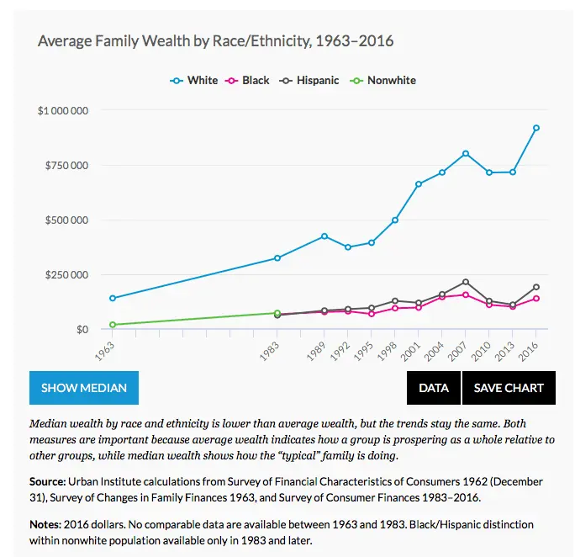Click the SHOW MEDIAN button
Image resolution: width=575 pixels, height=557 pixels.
point(84,388)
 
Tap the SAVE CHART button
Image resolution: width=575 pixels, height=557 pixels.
point(509,388)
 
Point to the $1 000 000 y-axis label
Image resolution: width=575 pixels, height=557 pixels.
point(64,111)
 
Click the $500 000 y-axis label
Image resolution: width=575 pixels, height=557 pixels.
point(67,220)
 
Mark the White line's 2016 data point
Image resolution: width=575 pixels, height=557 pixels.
point(536,128)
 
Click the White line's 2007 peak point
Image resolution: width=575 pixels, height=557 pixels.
point(466,153)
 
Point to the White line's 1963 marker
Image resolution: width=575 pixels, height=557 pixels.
point(112,298)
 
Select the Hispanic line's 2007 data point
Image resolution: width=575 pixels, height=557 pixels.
point(466,282)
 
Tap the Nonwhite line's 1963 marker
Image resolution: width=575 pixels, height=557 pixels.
point(112,325)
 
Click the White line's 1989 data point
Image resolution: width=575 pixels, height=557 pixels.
point(324,236)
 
